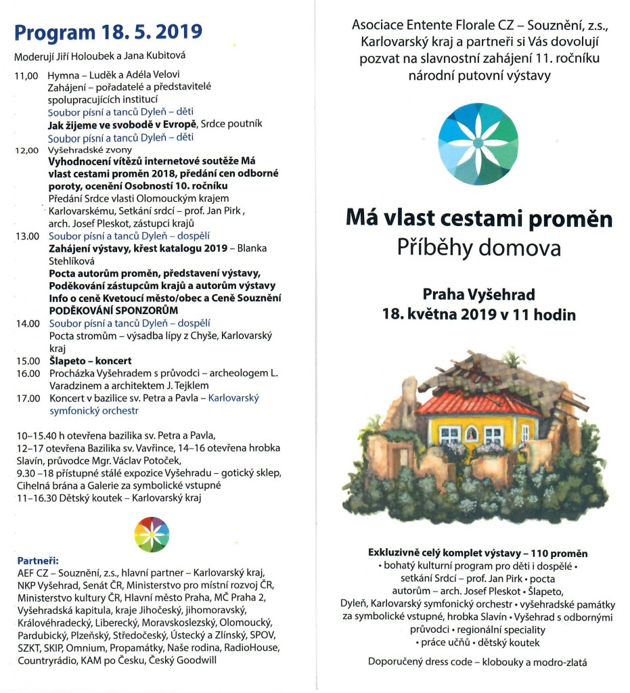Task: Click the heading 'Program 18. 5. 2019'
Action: pyautogui.click(x=108, y=32)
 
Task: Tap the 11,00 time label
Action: pyautogui.click(x=27, y=75)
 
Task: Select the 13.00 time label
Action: pyautogui.click(x=28, y=236)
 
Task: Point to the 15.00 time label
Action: pyautogui.click(x=28, y=361)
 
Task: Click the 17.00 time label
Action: pyautogui.click(x=28, y=399)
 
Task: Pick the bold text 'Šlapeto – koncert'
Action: pyautogui.click(x=89, y=361)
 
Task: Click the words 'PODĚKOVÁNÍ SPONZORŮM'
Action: pyautogui.click(x=113, y=311)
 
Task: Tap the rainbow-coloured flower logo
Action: pyautogui.click(x=152, y=533)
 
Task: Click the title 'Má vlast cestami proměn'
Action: pyautogui.click(x=479, y=219)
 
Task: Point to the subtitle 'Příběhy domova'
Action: pyautogui.click(x=479, y=248)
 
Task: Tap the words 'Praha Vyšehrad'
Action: pyautogui.click(x=478, y=294)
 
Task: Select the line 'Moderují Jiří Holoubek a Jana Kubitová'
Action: pyautogui.click(x=99, y=55)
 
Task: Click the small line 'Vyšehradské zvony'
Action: pyautogui.click(x=90, y=150)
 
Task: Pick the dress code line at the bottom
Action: pyautogui.click(x=478, y=662)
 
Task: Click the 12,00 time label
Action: pyautogui.click(x=27, y=150)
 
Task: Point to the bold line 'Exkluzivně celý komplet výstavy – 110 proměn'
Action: pyautogui.click(x=478, y=553)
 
